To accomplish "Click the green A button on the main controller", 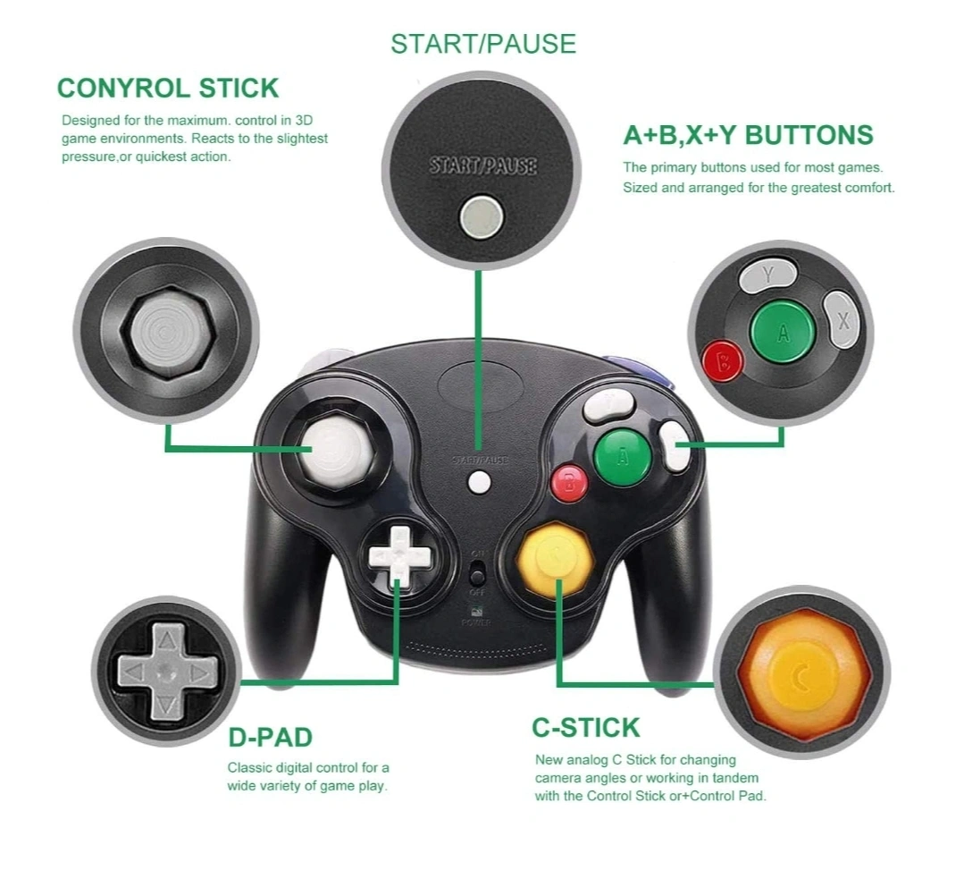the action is tap(622, 457).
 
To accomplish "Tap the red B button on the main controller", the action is tap(569, 483).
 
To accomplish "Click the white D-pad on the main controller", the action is tap(399, 556).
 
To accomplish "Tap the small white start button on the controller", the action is tap(479, 482).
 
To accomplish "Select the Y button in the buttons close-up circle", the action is tap(767, 275).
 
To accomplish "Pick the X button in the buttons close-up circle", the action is tap(842, 320).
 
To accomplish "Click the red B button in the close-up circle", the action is tap(723, 361).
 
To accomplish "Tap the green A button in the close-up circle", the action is tap(782, 333).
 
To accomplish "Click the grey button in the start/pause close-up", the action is tap(482, 217).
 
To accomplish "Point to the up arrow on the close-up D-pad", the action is tap(166, 640).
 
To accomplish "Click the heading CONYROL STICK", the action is tap(168, 88).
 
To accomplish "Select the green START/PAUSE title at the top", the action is tap(483, 44).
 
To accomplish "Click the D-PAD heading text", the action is tap(271, 737).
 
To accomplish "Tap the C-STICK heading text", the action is tap(586, 728).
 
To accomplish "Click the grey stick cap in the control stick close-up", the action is tap(166, 333).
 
